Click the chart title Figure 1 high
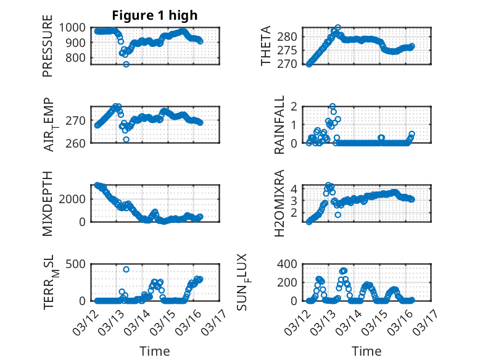[x=154, y=15]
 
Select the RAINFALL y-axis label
[x=279, y=125]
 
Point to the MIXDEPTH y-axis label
[x=48, y=203]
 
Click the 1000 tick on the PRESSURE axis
[x=74, y=27]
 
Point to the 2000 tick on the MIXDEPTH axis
[x=74, y=199]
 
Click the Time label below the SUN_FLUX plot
[x=366, y=351]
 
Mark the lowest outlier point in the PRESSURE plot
[x=126, y=64]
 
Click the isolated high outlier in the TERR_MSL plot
[x=126, y=269]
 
